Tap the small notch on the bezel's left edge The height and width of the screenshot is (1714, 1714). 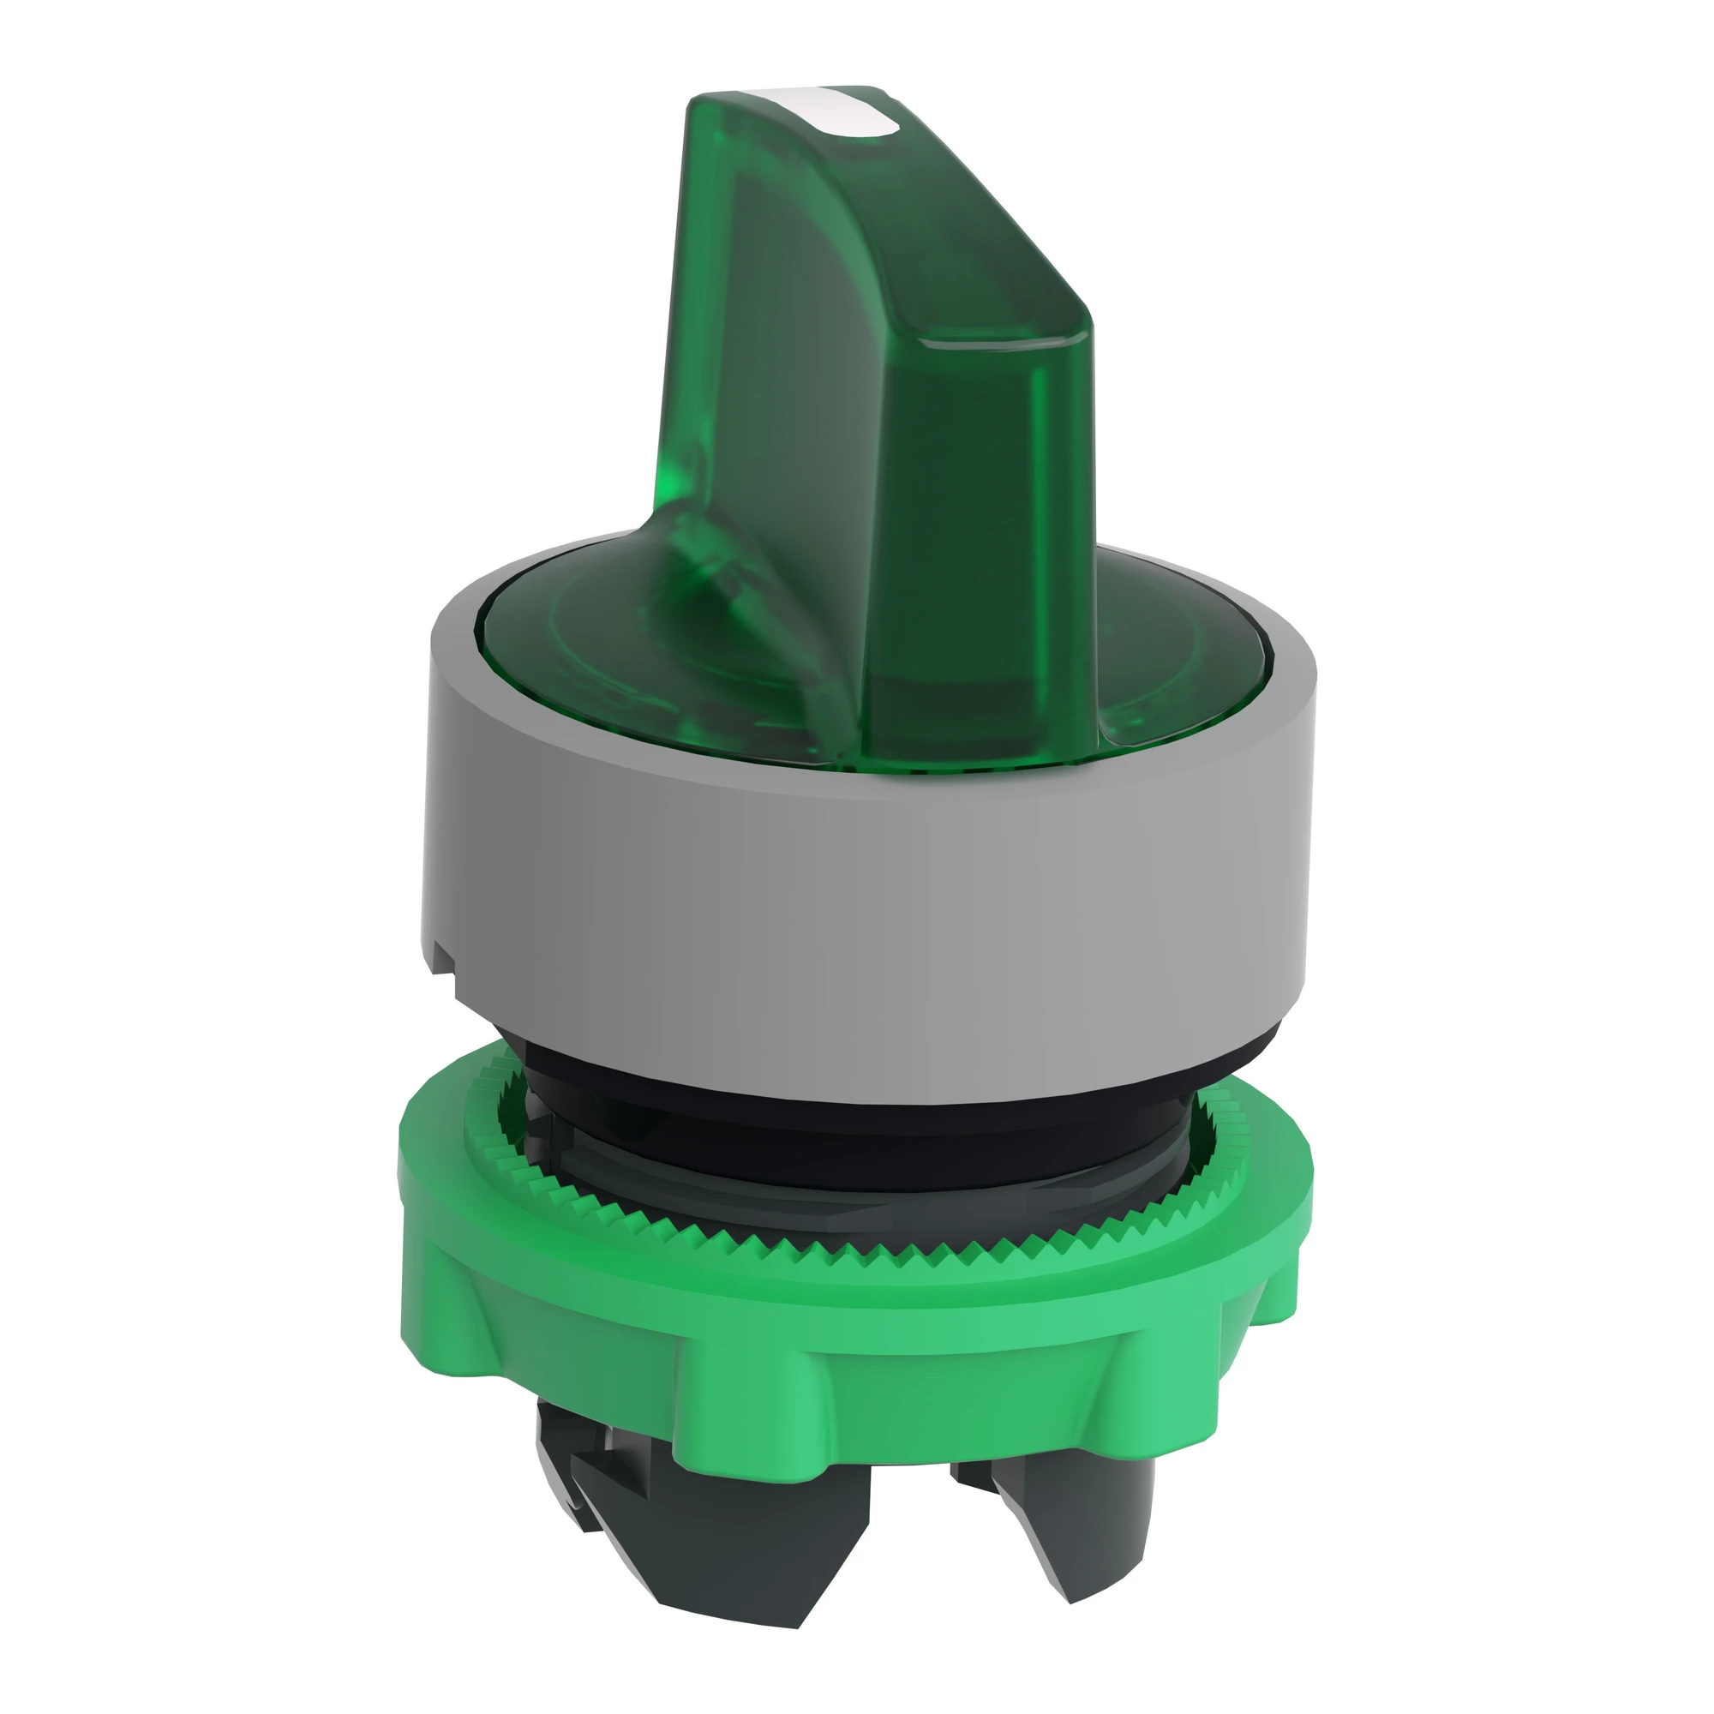pyautogui.click(x=444, y=962)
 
